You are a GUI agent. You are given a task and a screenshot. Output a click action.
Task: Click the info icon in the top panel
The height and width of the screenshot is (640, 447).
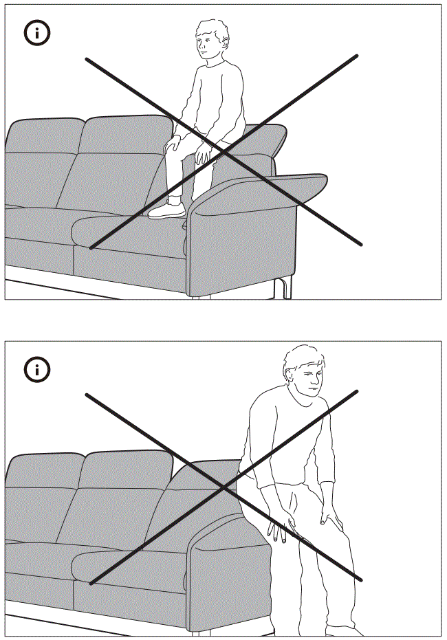point(37,33)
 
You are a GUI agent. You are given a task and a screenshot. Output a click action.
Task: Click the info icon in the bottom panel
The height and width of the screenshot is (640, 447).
point(37,370)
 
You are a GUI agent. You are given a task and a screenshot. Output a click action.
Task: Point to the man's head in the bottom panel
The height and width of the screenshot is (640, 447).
point(305,375)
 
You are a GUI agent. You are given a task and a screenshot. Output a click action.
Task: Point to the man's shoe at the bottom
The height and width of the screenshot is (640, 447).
point(344,630)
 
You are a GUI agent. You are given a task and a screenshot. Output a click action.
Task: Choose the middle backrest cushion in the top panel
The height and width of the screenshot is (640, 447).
point(124,158)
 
